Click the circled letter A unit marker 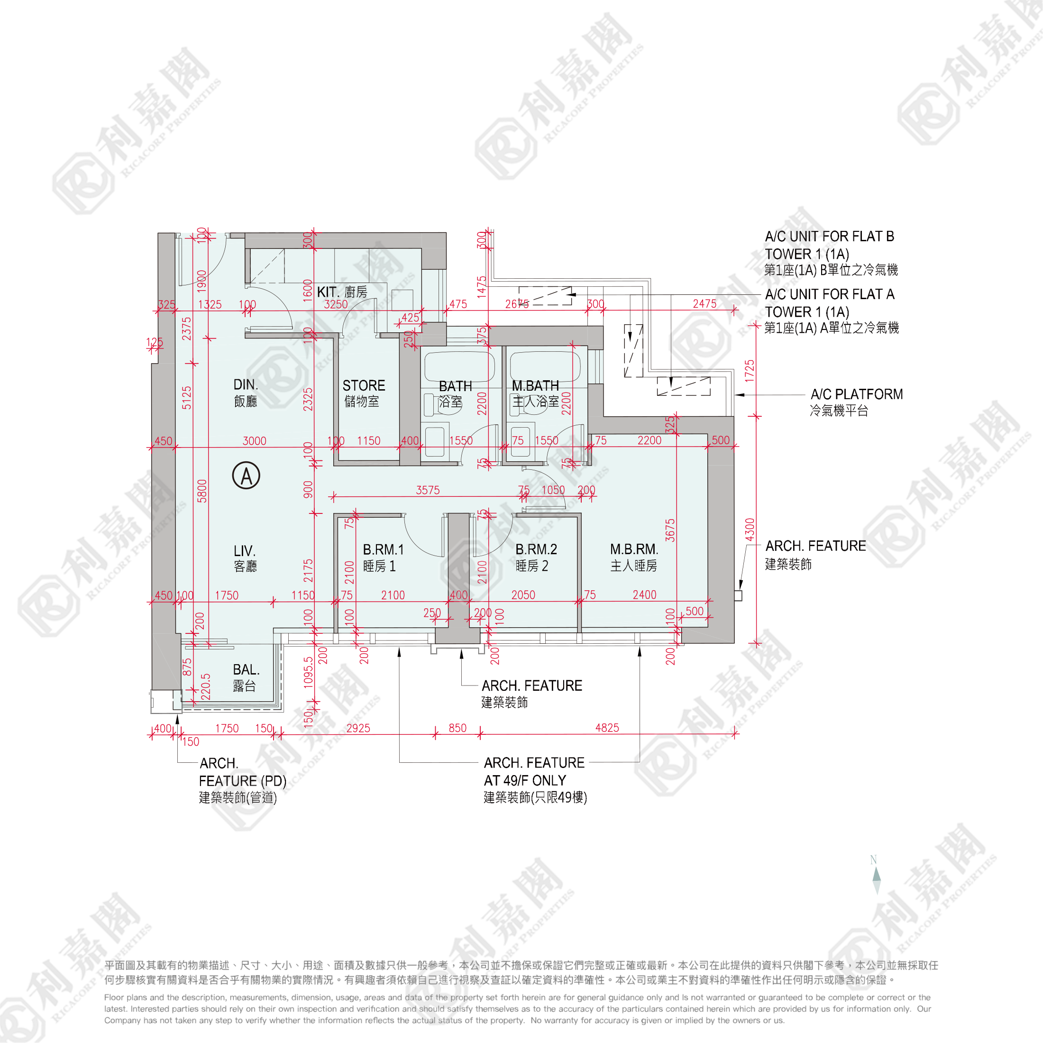[246, 476]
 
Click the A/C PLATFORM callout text [856, 394]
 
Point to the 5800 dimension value [202, 491]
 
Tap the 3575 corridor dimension [428, 490]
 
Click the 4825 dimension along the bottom [607, 728]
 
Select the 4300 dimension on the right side [750, 530]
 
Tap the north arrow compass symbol [876, 875]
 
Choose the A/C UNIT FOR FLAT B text [829, 237]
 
